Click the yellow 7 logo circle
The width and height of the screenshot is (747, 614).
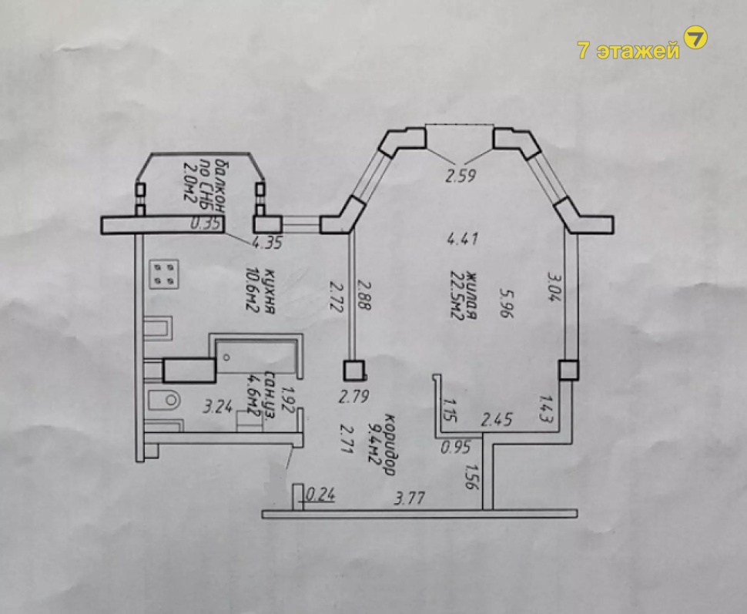(695, 37)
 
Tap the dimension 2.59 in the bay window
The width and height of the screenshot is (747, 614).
(461, 176)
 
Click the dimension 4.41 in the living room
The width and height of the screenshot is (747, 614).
(463, 237)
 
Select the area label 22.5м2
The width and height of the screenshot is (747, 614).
(457, 296)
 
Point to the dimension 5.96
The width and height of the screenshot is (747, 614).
(506, 303)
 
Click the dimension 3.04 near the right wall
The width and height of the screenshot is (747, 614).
(554, 287)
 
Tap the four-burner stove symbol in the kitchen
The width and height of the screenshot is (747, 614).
(164, 274)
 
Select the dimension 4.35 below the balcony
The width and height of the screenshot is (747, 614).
(267, 243)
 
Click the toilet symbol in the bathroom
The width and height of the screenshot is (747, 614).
(163, 401)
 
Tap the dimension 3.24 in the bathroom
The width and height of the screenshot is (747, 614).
(218, 407)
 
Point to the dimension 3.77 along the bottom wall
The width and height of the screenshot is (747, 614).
(410, 498)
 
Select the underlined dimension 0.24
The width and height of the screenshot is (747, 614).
(320, 495)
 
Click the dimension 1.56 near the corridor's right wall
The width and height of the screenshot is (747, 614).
(471, 476)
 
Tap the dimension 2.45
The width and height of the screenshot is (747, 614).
(497, 420)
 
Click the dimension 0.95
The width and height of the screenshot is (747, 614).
(456, 447)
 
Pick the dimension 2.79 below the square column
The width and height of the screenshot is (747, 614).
(353, 396)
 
